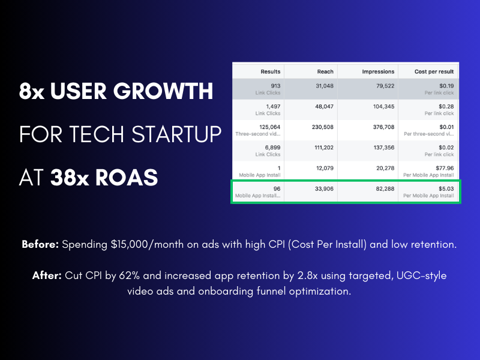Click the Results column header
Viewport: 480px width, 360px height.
[x=271, y=71]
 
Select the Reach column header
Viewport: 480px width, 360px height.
[x=325, y=71]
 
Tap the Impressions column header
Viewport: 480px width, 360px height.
[x=378, y=71]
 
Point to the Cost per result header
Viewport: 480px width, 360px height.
[x=434, y=71]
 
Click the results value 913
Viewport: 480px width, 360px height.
[x=275, y=86]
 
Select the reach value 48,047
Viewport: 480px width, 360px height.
[x=325, y=107]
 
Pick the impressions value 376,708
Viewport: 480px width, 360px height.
[x=383, y=127]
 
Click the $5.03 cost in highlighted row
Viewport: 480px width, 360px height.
[x=446, y=188]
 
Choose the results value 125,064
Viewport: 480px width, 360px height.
[x=269, y=127]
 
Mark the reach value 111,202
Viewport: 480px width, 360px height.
[x=324, y=148]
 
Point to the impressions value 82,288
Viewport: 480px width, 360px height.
[x=385, y=188]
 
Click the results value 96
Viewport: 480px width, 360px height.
[x=277, y=188]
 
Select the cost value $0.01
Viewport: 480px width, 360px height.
[x=446, y=127]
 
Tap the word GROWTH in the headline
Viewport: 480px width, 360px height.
[x=163, y=91]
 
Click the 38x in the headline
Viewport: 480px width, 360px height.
[x=70, y=178]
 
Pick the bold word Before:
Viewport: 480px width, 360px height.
[x=40, y=244]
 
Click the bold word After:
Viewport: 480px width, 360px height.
[x=47, y=275]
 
